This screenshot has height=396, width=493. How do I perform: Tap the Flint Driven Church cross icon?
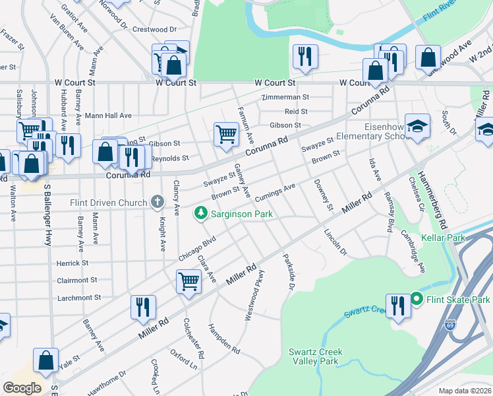point(157,201)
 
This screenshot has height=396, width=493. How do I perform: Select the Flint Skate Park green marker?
point(416,300)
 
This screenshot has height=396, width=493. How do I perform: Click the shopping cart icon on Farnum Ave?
point(226,134)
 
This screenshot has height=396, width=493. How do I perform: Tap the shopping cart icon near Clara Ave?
point(188,282)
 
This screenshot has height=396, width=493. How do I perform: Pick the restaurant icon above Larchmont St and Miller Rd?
point(143,306)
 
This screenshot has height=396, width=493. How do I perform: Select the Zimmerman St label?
point(285,97)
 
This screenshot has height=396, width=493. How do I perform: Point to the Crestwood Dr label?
point(155,30)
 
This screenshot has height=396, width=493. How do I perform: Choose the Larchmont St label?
point(79,298)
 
